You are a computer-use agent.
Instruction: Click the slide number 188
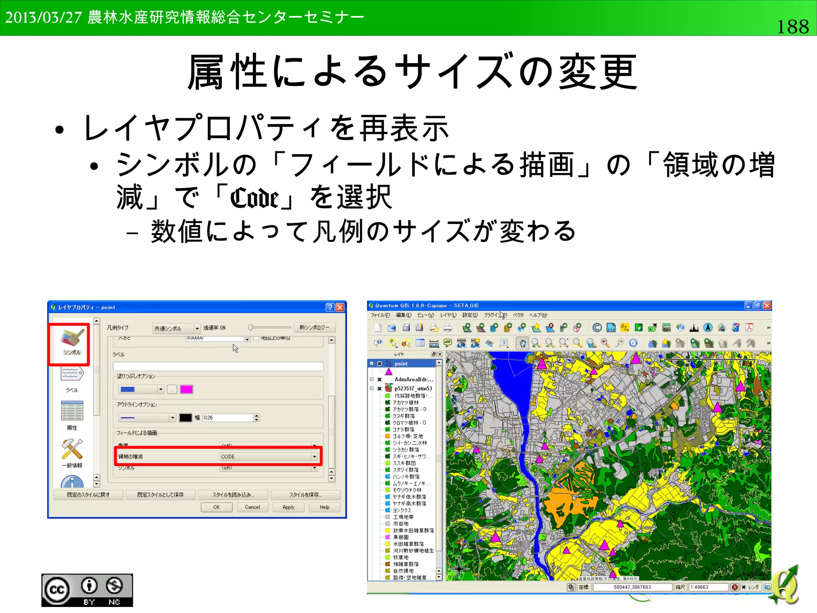pos(792,27)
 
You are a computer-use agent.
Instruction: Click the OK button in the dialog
pos(216,507)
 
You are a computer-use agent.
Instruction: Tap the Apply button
pos(288,507)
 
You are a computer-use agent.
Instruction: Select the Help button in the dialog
pos(324,507)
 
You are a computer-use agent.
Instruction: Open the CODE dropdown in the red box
pos(314,456)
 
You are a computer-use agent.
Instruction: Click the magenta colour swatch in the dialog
pos(186,389)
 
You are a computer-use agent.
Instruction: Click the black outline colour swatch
pos(186,418)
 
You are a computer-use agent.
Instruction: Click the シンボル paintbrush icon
pos(72,338)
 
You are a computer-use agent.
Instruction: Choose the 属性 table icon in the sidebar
pos(72,411)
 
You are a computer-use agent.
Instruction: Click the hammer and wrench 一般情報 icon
pos(72,449)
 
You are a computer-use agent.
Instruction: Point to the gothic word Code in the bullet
pos(255,198)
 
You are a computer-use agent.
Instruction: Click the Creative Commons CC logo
pos(57,589)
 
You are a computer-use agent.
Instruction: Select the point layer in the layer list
pos(401,364)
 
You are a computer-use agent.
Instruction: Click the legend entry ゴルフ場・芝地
pos(408,436)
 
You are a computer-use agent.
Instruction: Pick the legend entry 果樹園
pos(401,537)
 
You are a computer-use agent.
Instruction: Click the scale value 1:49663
pos(706,587)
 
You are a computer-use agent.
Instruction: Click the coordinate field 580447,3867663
pos(632,587)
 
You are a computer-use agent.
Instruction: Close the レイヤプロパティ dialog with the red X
pos(340,307)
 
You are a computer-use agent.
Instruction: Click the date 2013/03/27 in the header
pos(43,18)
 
